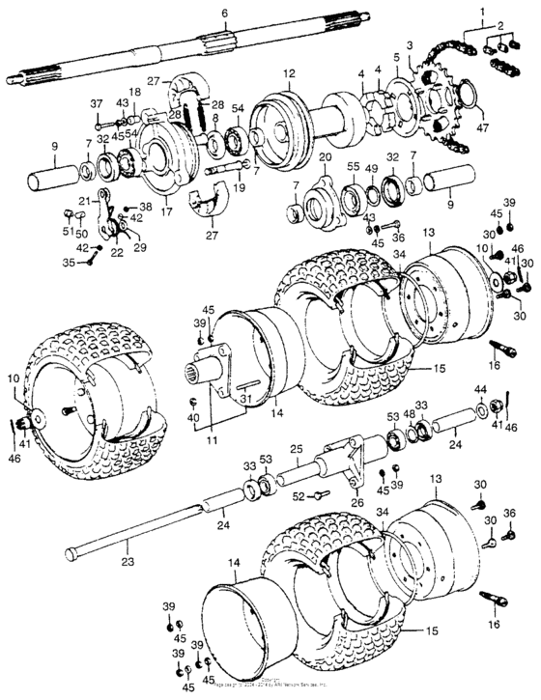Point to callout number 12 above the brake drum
[x=289, y=73]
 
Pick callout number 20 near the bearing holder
[x=325, y=156]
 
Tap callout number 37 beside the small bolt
[x=97, y=103]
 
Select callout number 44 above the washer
[x=479, y=388]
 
